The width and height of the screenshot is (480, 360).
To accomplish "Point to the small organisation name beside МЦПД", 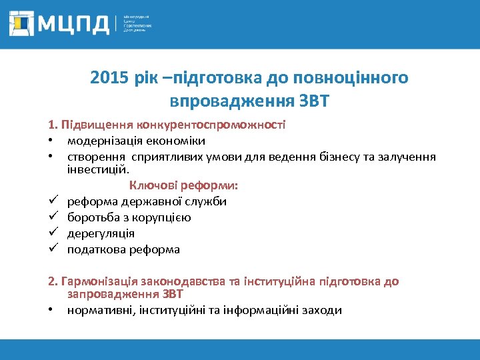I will (x=137, y=24).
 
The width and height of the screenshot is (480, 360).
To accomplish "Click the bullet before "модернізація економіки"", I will (x=51, y=141).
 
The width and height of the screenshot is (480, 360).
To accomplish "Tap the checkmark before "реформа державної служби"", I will (x=51, y=201).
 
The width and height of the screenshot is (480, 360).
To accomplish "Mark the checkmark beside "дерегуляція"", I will (x=51, y=233).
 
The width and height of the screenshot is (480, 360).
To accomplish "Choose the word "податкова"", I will (x=94, y=250).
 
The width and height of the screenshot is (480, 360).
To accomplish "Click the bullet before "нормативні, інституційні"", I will (x=51, y=310).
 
